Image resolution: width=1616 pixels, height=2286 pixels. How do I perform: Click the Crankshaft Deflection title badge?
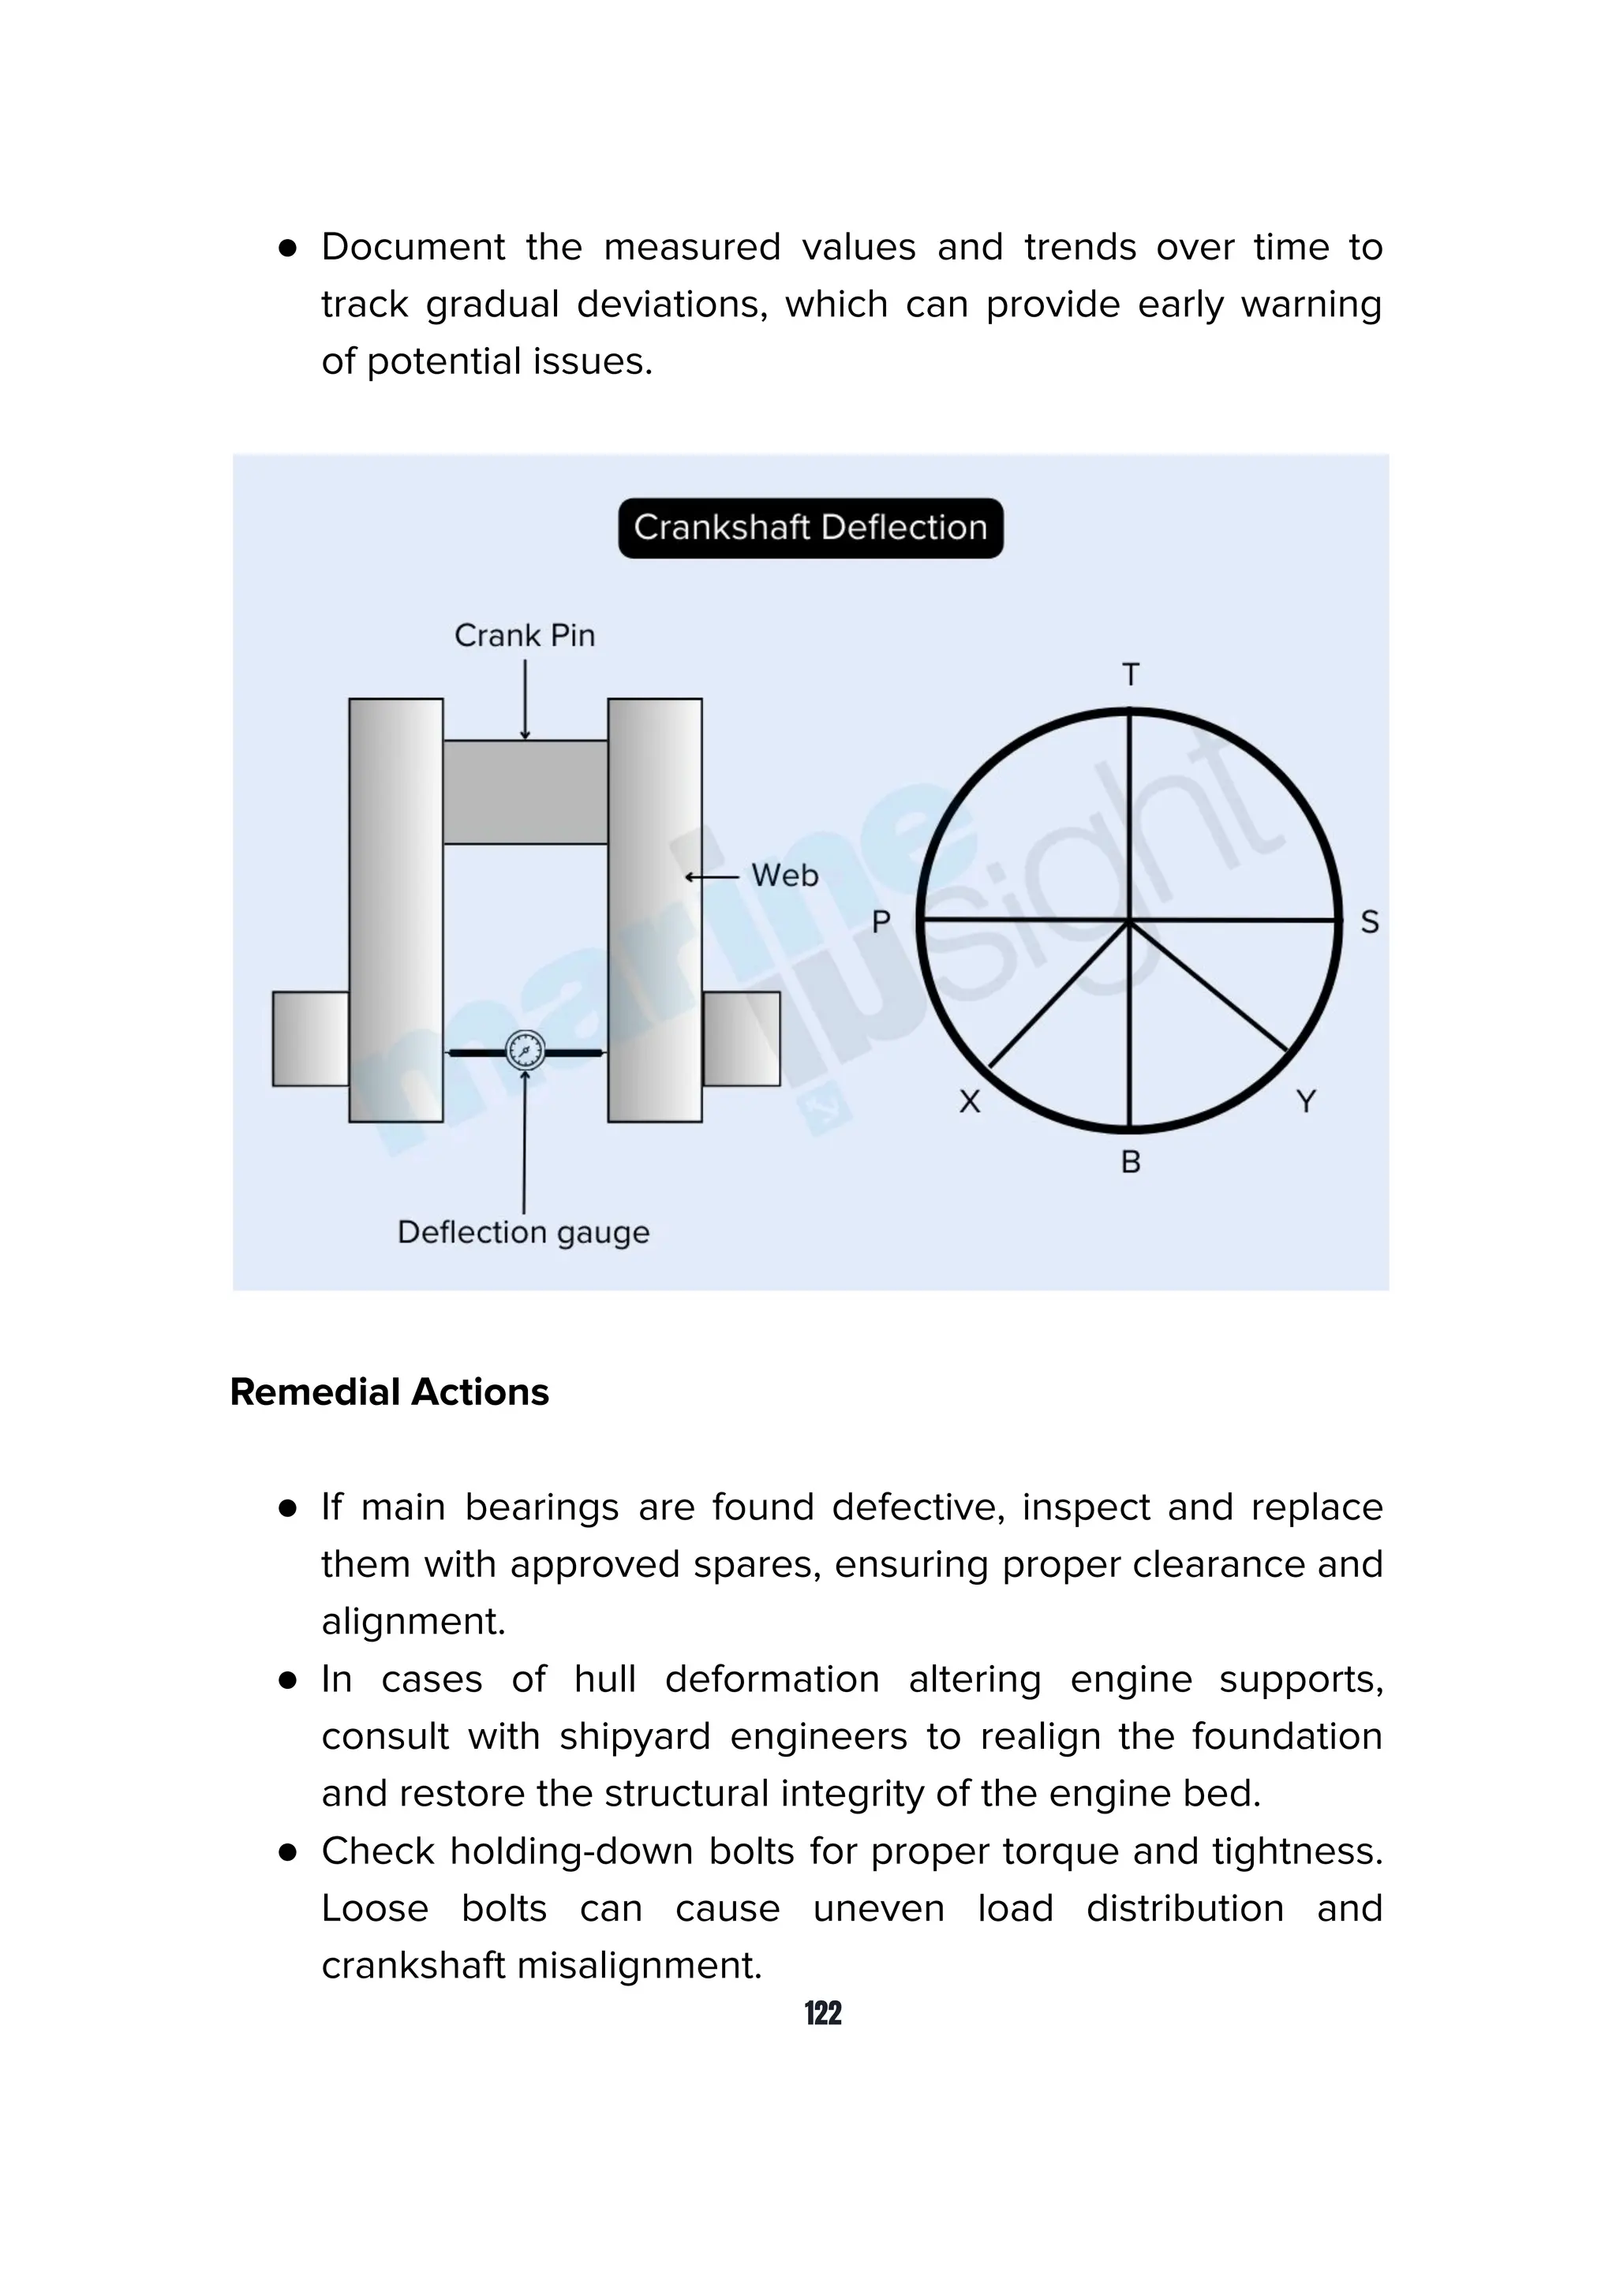(810, 528)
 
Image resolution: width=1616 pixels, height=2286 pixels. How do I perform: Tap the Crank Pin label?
(524, 635)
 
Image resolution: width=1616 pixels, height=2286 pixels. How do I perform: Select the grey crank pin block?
(525, 791)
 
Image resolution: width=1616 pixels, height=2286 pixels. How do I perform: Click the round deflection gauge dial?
(525, 1051)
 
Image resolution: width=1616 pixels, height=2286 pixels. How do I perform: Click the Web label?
(784, 876)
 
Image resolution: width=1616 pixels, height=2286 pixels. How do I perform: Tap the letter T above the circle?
(1130, 675)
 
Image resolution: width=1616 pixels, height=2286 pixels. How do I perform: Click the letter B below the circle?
(1130, 1162)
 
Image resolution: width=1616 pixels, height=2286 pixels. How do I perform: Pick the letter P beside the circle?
(880, 922)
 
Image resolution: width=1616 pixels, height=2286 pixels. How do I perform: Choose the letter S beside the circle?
(1369, 922)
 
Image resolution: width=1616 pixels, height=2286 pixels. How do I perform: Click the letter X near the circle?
(969, 1101)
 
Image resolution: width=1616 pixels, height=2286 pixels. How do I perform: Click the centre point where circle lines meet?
(1129, 921)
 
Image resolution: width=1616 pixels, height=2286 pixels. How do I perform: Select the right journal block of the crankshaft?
(742, 1038)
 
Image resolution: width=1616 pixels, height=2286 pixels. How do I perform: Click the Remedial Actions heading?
(389, 1392)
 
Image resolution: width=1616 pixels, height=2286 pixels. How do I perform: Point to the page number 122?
(822, 2013)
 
